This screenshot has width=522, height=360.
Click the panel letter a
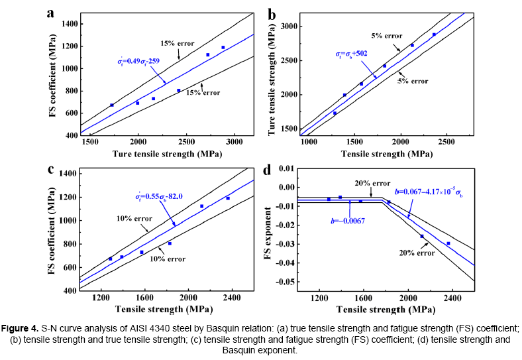50,14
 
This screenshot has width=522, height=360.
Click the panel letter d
268,169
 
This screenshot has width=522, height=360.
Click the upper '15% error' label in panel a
176,44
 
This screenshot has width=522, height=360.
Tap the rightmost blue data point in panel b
435,34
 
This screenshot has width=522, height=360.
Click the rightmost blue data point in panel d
448,243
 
